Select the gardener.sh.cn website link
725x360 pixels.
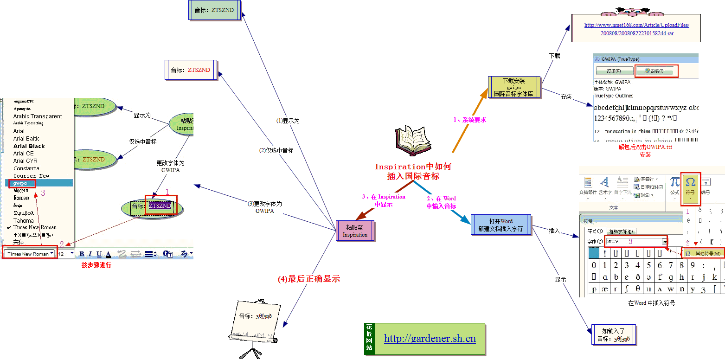pos(430,339)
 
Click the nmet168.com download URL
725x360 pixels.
pos(636,29)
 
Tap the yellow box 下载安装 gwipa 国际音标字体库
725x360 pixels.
pos(513,87)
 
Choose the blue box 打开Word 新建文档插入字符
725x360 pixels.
pos(500,225)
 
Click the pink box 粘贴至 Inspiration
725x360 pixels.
pos(355,231)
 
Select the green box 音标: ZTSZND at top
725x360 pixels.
pos(214,10)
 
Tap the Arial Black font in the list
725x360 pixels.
pos(29,146)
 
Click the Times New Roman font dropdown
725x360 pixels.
pos(30,254)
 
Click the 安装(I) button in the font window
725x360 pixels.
pos(656,71)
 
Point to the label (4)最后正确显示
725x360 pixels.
pos(308,279)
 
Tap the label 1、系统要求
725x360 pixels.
pos(469,120)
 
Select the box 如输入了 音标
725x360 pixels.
pos(613,334)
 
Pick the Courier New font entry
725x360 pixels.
pos(31,176)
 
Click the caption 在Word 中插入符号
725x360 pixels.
pos(651,303)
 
